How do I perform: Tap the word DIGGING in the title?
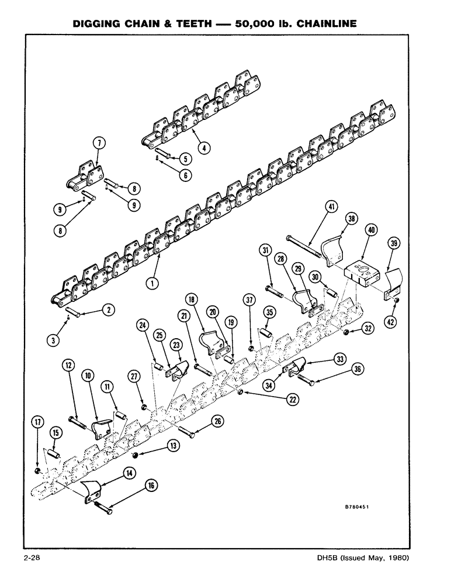[98, 25]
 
